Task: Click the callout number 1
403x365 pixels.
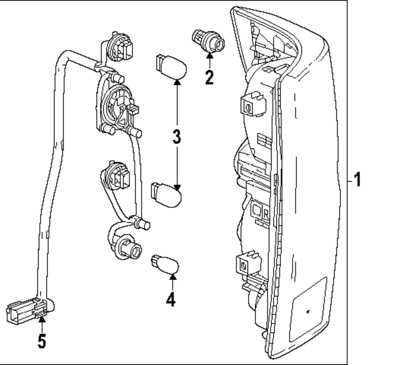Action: (357, 180)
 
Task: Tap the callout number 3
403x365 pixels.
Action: (178, 137)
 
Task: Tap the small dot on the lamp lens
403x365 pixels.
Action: (307, 311)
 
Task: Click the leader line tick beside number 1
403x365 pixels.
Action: (347, 180)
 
